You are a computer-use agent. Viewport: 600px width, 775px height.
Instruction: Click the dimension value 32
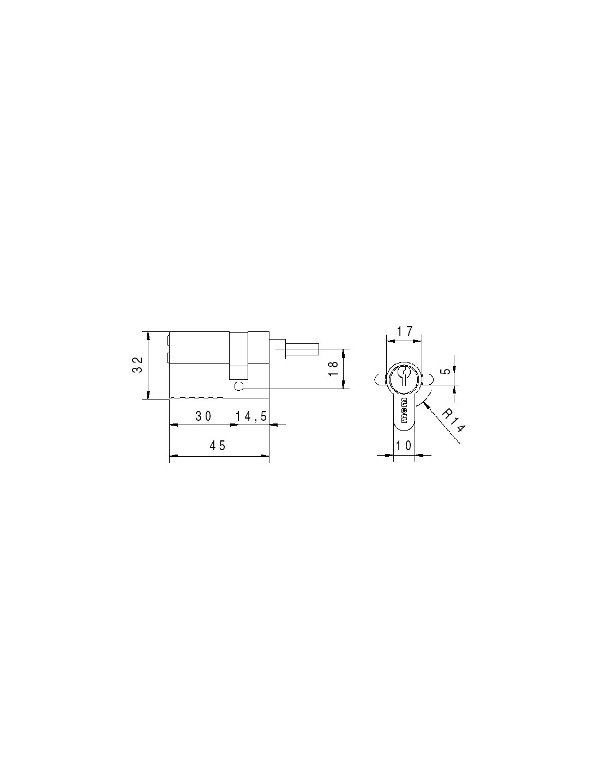point(137,365)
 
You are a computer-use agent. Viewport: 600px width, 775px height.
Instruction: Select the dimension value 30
point(203,416)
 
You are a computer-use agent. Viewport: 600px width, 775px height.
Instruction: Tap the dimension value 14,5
point(251,416)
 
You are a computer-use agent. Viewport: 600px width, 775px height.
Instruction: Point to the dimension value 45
point(218,445)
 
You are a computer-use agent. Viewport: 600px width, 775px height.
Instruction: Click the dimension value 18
point(333,368)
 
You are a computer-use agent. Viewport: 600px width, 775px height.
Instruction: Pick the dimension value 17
point(404,331)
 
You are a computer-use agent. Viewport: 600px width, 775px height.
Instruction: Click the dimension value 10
point(404,445)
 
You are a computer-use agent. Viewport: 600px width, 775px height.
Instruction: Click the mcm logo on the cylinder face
point(404,409)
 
